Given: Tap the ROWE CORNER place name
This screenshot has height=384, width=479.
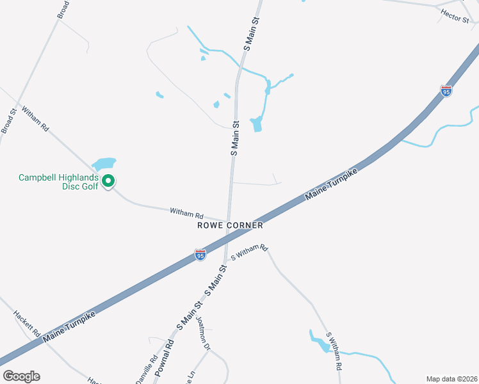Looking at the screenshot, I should click(230, 225).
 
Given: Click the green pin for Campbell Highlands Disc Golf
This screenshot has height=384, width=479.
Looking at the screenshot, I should click(108, 182).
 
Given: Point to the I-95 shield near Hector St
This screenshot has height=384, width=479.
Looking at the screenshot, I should click(446, 92).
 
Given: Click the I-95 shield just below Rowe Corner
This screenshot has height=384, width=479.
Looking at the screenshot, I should click(200, 255).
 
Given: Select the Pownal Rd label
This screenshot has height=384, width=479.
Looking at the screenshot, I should click(168, 352).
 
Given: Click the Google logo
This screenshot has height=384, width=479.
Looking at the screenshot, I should click(21, 376).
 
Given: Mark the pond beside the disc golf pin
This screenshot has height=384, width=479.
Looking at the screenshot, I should click(104, 164).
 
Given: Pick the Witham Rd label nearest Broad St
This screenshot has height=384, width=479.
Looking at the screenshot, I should click(35, 119).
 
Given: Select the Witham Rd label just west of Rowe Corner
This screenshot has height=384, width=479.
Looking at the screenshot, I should click(186, 212).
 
